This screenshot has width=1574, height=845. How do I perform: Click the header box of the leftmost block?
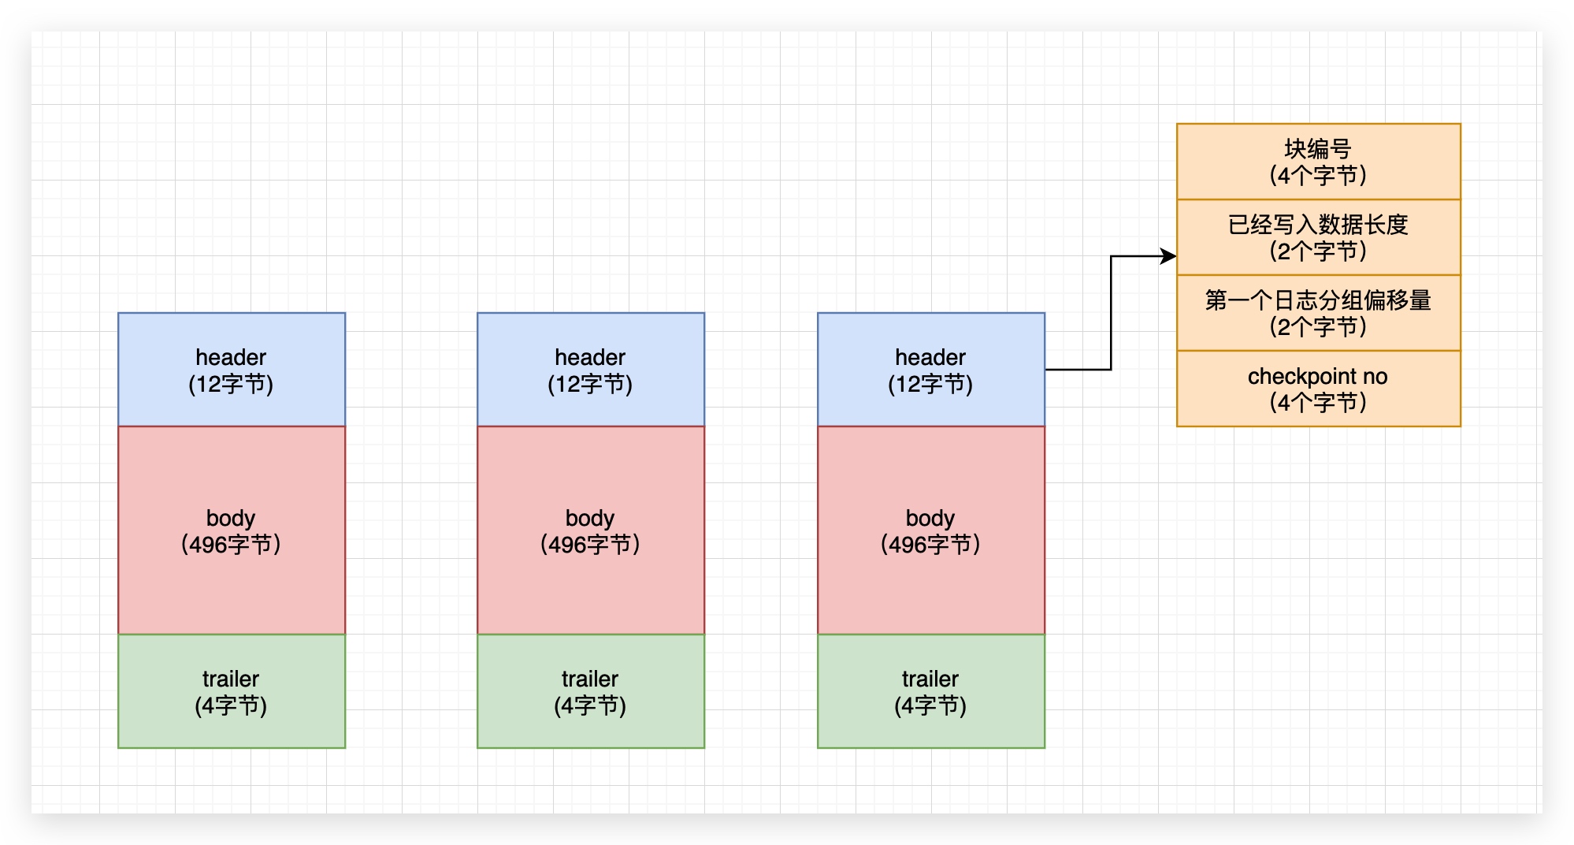232,369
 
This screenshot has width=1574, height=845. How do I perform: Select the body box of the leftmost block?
232,530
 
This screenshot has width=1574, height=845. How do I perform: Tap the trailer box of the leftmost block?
232,691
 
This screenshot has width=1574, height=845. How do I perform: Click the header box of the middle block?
590,369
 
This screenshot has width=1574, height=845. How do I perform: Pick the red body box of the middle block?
590,530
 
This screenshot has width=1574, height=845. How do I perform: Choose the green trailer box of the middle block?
590,691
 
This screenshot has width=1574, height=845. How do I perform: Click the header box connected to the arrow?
930,369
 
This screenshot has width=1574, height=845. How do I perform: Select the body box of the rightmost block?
930,530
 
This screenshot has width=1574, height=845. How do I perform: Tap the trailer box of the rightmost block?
930,691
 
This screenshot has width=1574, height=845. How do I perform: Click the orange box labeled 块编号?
1318,161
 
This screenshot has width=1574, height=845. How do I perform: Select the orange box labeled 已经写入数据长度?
1318,236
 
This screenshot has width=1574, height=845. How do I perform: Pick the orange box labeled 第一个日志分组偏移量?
1318,312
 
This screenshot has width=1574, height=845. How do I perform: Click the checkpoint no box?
1318,388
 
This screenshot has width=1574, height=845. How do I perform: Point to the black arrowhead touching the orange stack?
1168,256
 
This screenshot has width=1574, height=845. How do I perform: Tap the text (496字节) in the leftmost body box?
231,545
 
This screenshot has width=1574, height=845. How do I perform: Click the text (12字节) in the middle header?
590,385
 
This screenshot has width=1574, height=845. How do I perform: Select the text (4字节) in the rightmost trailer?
930,705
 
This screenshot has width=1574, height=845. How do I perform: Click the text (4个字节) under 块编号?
1318,175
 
